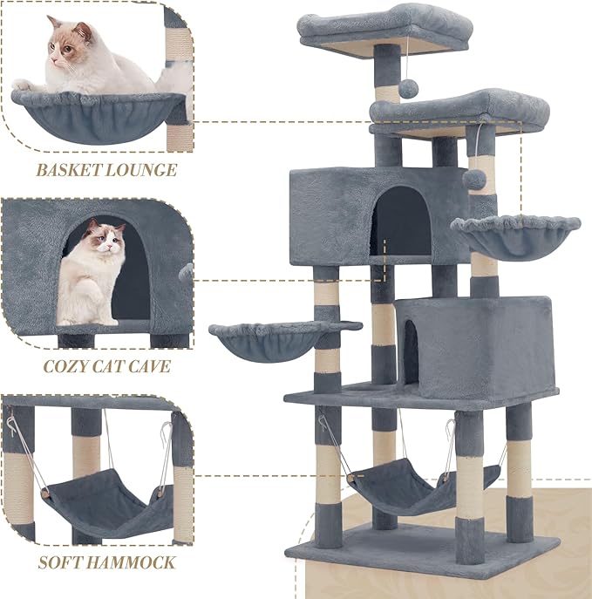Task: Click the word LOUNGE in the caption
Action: pos(141,169)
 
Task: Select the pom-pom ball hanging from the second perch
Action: pos(475,177)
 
